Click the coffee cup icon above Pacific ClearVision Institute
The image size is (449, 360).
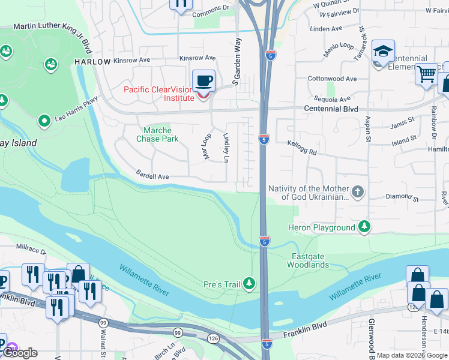pyautogui.click(x=204, y=79)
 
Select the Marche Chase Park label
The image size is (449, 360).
pyautogui.click(x=158, y=134)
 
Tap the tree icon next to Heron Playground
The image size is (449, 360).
pyautogui.click(x=364, y=227)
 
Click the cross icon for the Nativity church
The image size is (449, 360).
pyautogui.click(x=358, y=192)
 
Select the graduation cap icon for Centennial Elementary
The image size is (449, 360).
pyautogui.click(x=382, y=52)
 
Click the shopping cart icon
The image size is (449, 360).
pyautogui.click(x=426, y=74)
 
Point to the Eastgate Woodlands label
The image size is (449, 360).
pyautogui.click(x=310, y=260)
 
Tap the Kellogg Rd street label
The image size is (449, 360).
pyautogui.click(x=301, y=148)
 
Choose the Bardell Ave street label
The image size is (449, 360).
pyautogui.click(x=152, y=177)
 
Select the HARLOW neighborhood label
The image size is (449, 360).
pyautogui.click(x=92, y=62)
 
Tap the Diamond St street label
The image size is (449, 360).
pyautogui.click(x=402, y=196)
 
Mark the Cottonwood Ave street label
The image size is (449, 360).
pyautogui.click(x=332, y=79)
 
